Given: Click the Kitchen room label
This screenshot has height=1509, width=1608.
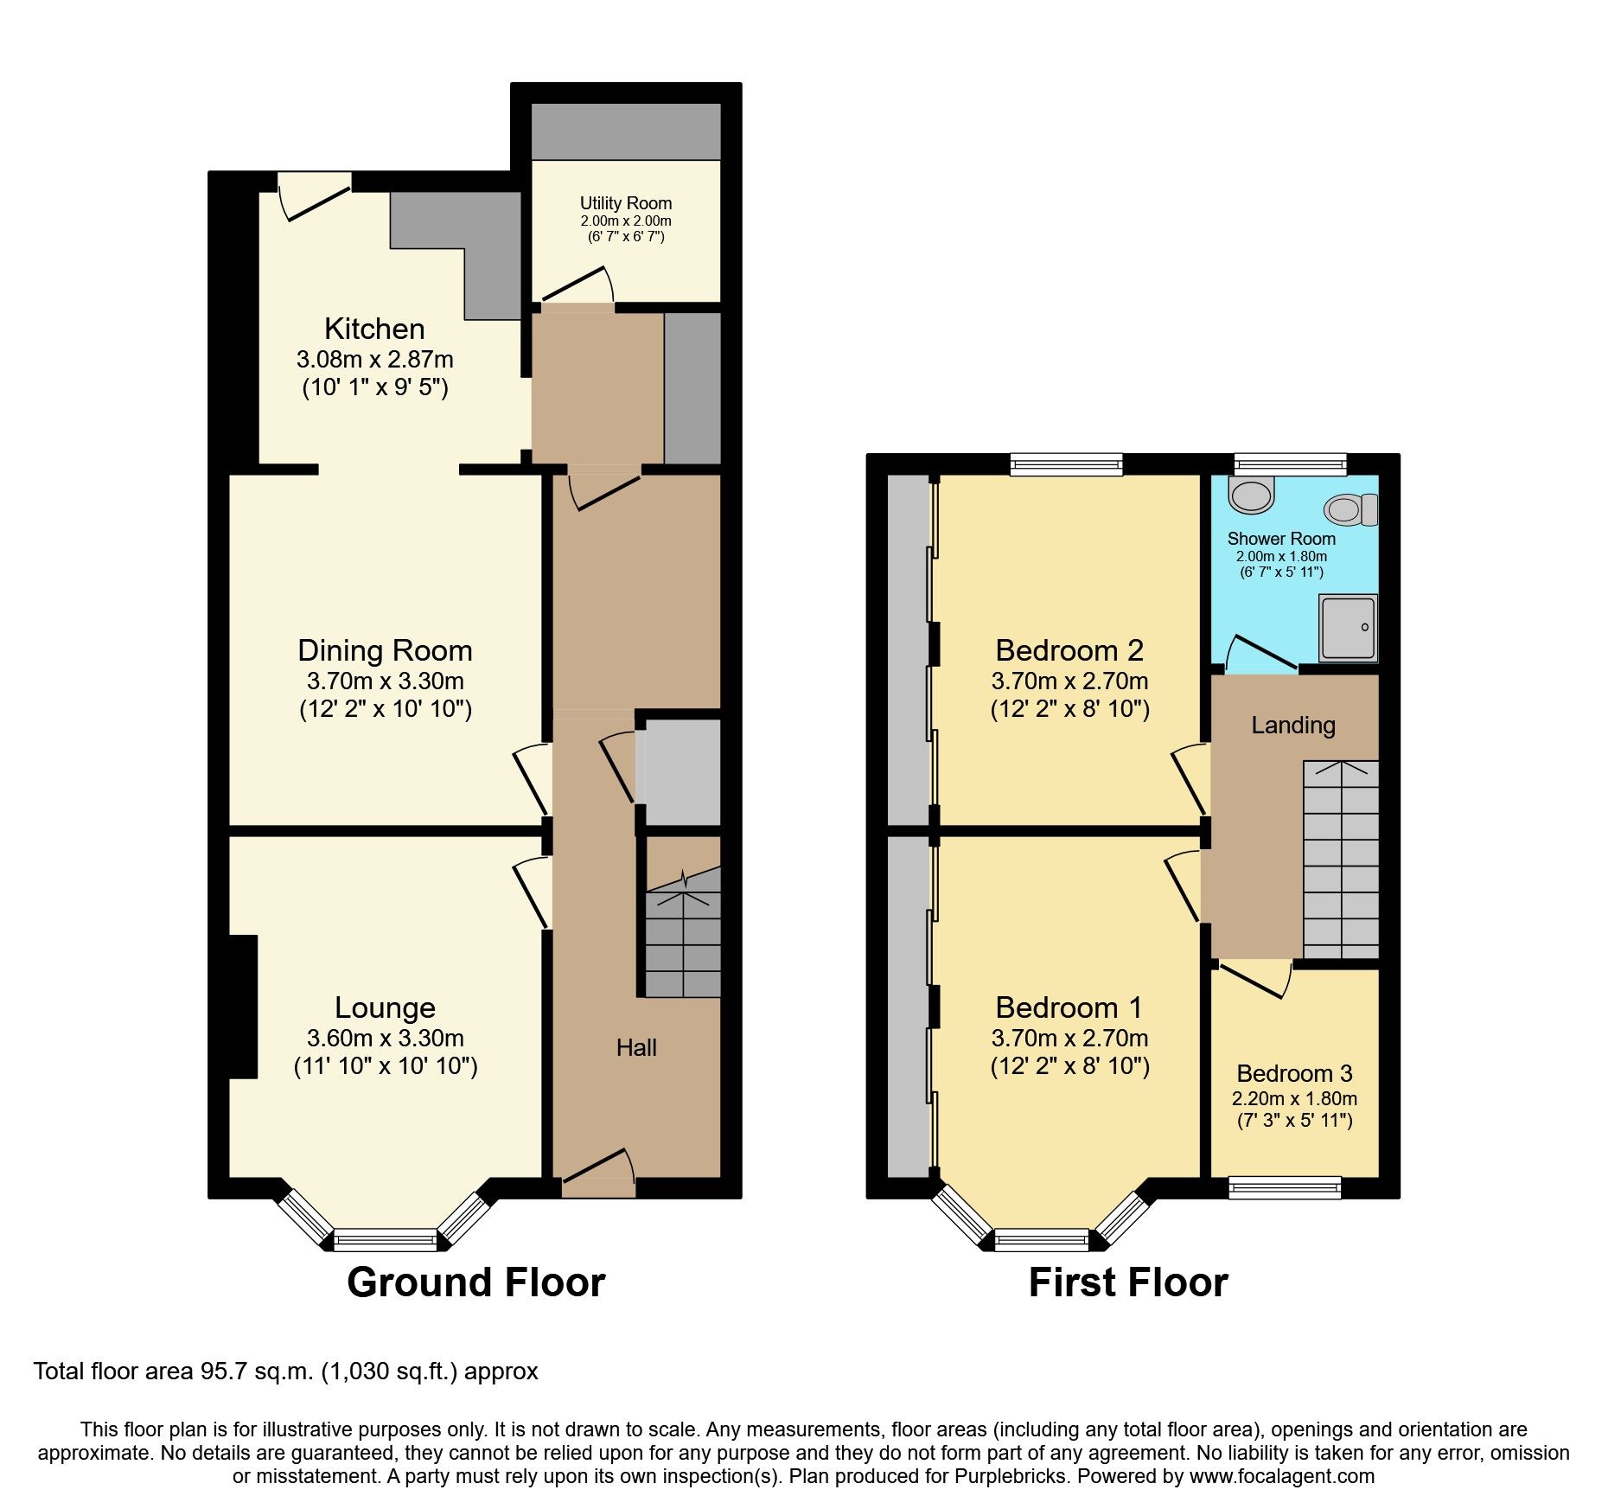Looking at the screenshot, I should click(374, 329).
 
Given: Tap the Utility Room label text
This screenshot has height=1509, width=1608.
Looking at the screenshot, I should click(625, 203).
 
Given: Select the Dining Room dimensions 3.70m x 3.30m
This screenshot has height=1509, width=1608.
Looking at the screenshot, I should click(385, 681).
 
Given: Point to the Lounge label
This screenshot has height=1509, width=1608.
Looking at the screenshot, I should click(385, 1008).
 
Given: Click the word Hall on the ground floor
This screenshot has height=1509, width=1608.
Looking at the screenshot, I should click(636, 1048).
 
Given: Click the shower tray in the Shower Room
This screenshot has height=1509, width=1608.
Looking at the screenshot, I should click(1347, 627).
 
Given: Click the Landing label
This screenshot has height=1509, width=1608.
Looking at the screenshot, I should click(1292, 726).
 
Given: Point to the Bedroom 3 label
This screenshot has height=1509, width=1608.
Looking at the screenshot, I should click(1294, 1074).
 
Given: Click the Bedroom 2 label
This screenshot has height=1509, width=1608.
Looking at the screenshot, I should click(1069, 650).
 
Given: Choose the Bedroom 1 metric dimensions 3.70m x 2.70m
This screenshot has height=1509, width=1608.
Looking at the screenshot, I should click(1069, 1038).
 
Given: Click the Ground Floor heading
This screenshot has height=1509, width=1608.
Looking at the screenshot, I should click(475, 1282).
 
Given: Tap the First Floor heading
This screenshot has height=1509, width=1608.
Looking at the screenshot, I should click(1127, 1282).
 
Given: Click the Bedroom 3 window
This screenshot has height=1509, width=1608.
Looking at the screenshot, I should click(1285, 1188).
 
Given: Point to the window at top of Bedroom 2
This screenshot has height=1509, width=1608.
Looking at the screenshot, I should click(1067, 464).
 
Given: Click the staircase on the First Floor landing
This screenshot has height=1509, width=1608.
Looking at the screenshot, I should click(1341, 860).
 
